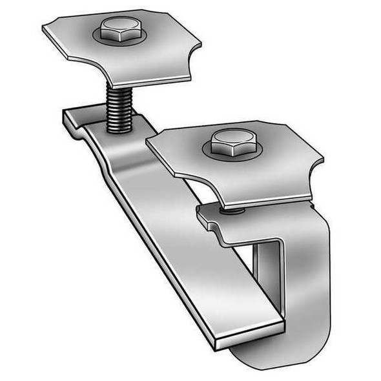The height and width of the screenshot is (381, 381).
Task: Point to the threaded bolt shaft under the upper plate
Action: click(x=120, y=107)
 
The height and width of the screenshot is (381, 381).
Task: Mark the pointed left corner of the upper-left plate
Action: click(x=45, y=28)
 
